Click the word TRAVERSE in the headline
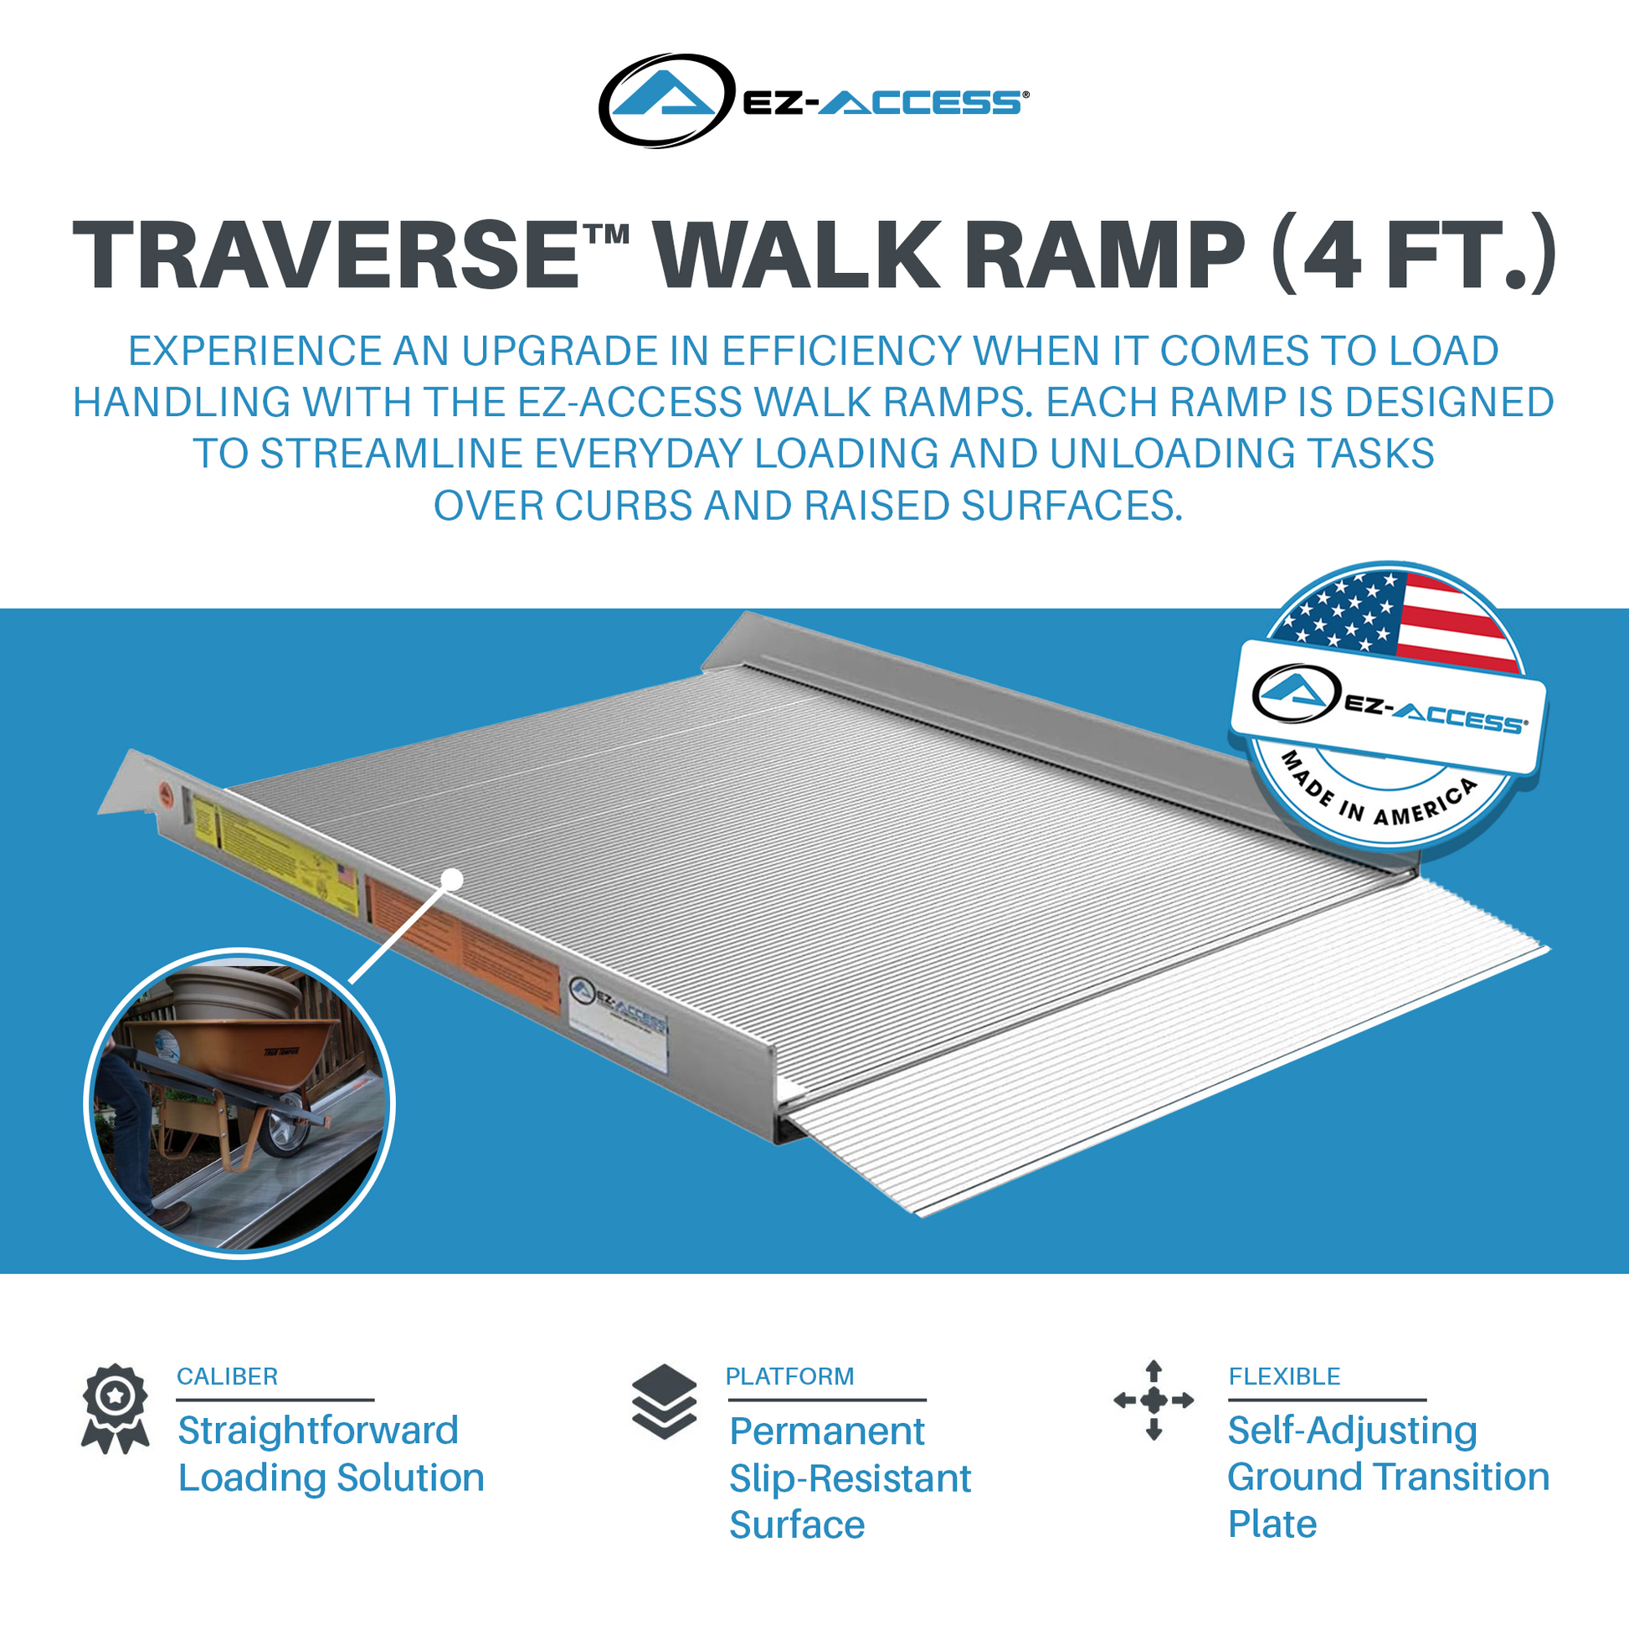click(326, 254)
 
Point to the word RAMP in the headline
click(1104, 254)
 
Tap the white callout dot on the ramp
click(453, 880)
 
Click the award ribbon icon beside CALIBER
click(116, 1409)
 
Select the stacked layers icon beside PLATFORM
click(665, 1400)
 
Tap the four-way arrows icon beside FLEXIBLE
click(1154, 1400)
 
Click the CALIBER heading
click(227, 1377)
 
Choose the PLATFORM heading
click(789, 1377)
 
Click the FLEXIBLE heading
click(1284, 1377)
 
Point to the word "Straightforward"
click(318, 1431)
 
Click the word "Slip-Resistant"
click(850, 1479)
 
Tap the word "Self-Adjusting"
click(1353, 1431)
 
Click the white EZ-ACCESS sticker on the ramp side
click(618, 1024)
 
